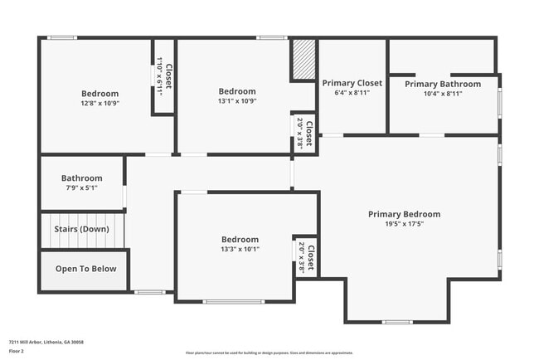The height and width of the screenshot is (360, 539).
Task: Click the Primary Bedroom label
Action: tap(404, 214)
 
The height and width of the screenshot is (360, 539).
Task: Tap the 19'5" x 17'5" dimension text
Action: tap(404, 225)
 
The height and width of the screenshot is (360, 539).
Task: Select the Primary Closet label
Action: tap(352, 83)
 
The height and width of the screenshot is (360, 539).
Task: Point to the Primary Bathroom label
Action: tap(443, 84)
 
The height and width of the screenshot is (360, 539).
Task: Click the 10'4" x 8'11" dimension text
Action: tap(443, 94)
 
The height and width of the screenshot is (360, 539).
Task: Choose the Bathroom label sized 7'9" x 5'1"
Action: tap(81, 178)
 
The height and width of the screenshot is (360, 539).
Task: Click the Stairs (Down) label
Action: tap(81, 229)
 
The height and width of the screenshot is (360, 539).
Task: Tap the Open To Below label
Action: tap(85, 269)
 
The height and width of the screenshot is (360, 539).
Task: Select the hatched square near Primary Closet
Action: tap(303, 60)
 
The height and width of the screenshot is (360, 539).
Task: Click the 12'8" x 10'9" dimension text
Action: tap(100, 104)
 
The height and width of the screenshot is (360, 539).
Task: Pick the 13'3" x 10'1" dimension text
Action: tap(240, 249)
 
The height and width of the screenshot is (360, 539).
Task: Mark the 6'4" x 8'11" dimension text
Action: tap(352, 94)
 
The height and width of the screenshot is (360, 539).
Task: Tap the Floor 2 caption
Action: tap(17, 351)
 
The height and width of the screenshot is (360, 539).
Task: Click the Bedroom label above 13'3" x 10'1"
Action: tap(240, 239)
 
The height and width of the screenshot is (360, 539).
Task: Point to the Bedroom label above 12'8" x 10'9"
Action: tap(100, 94)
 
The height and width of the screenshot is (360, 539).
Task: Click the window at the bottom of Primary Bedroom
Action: tap(397, 322)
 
